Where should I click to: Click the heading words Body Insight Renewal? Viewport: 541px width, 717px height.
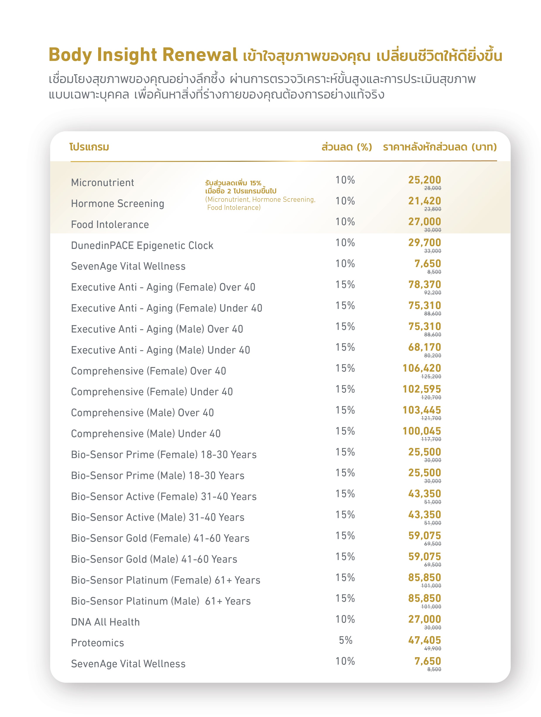point(143,55)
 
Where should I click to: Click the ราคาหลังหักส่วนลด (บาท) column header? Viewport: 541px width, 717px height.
point(440,147)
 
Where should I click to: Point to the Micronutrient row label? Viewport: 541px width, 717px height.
point(102,183)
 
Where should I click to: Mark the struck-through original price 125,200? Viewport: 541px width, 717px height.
point(431,376)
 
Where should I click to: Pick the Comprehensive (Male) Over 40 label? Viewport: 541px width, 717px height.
point(142,413)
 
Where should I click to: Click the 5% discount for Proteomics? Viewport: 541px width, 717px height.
point(345,640)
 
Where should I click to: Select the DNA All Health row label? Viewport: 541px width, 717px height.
point(105,622)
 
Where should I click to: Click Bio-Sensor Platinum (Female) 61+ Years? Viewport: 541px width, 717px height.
point(166,580)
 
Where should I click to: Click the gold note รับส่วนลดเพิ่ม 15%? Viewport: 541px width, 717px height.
point(233,183)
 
